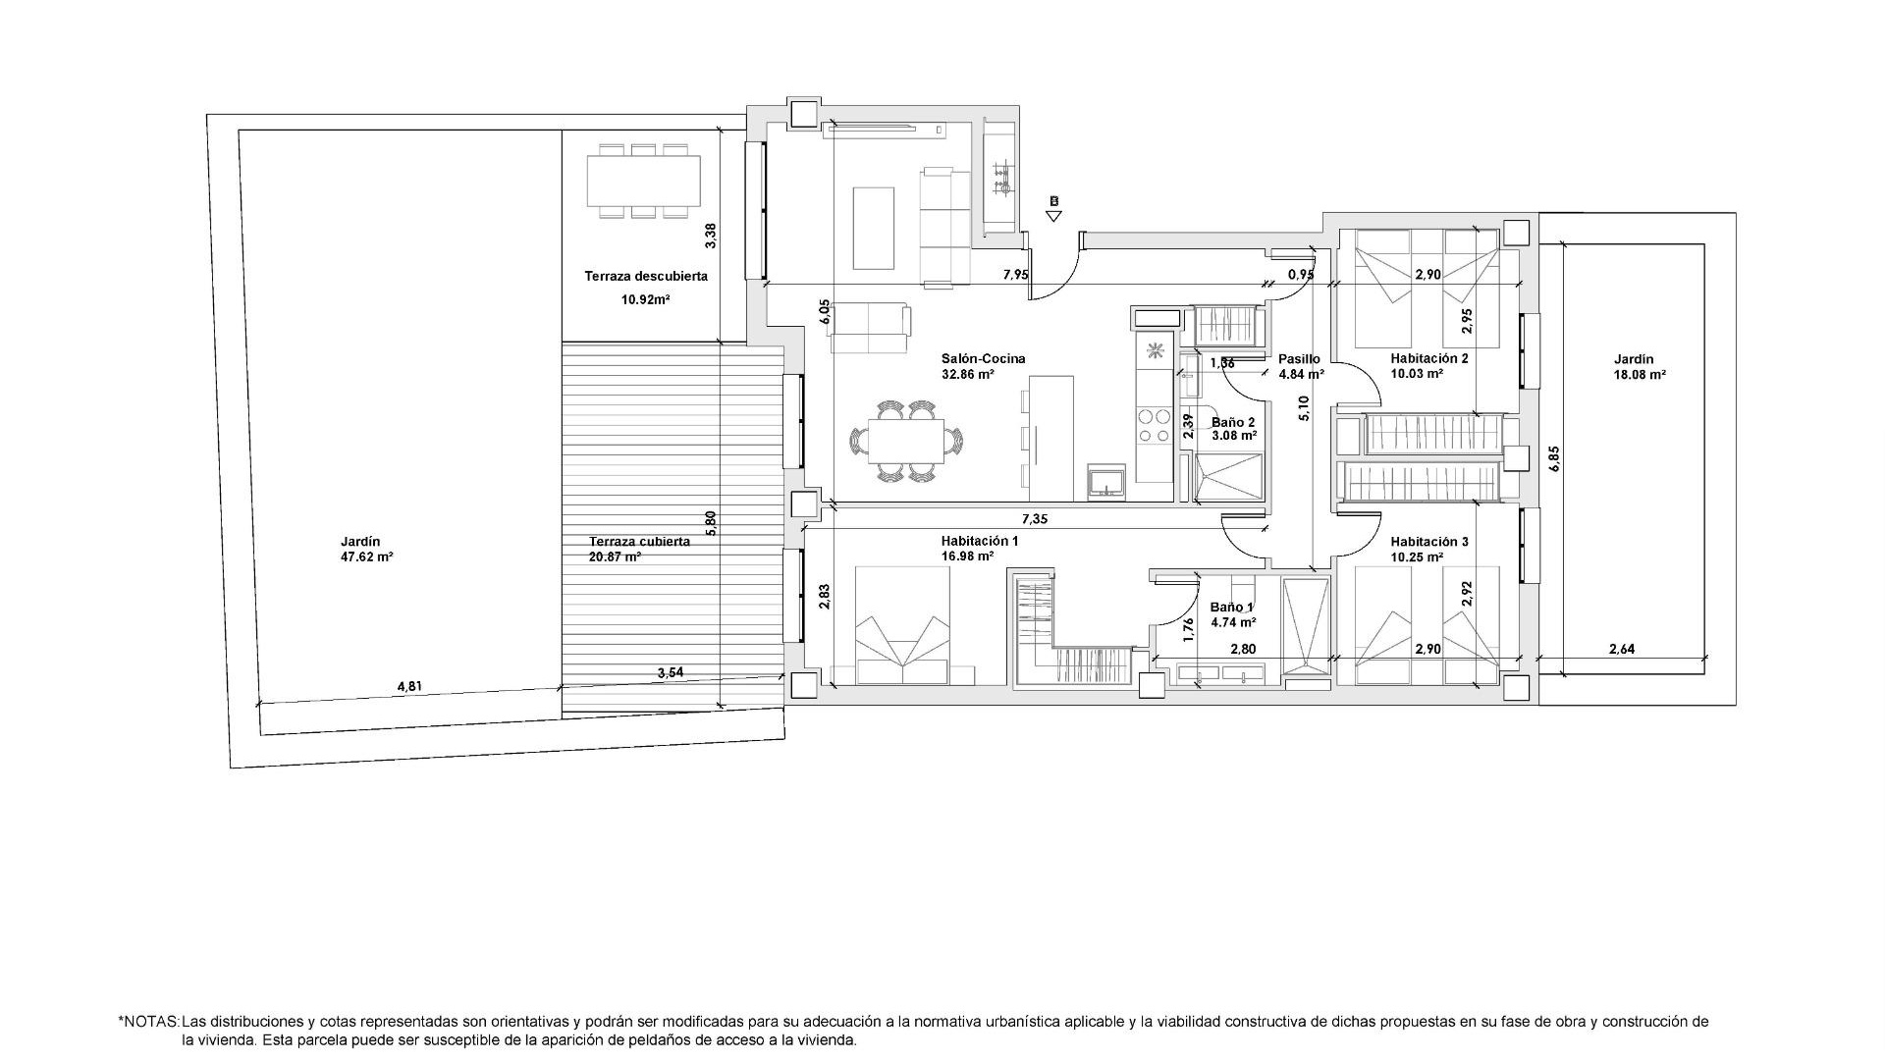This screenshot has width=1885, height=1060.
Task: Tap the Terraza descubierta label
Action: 646,277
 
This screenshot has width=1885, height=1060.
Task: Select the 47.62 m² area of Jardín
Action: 367,556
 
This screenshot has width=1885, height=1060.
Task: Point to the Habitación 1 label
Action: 980,541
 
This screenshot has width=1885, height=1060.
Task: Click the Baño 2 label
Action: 1233,422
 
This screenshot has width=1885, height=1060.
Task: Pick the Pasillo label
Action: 1299,359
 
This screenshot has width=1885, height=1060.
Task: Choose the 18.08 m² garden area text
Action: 1640,375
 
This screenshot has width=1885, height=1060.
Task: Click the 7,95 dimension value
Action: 1016,275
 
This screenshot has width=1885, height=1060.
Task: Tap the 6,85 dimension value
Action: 1554,459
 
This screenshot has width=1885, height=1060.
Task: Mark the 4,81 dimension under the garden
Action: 409,687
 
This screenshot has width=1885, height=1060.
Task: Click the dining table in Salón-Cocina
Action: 906,441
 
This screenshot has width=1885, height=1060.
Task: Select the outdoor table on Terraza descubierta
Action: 644,181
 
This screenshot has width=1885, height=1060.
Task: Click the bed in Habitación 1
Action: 902,625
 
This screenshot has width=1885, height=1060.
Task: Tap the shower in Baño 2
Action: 1228,476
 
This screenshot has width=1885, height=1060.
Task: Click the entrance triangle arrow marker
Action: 1053,215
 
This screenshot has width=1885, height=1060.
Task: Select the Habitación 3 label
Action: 1429,542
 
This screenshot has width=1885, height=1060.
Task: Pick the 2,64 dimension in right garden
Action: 1622,649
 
